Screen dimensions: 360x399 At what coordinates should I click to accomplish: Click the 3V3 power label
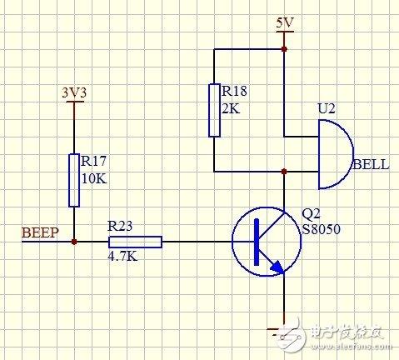click(75, 92)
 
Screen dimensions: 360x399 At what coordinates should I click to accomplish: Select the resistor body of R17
click(74, 178)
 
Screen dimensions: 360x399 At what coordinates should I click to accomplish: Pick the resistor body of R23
click(134, 242)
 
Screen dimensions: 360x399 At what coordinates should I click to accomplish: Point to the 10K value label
click(93, 179)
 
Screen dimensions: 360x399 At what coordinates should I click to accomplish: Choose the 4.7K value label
click(123, 257)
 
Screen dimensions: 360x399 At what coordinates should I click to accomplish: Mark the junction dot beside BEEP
click(74, 242)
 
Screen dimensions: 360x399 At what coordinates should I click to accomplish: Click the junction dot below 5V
click(284, 49)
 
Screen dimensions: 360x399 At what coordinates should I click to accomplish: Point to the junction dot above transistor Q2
click(284, 172)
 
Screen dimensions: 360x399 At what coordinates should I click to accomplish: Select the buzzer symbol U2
click(334, 154)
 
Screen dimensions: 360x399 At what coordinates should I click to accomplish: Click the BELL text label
click(371, 165)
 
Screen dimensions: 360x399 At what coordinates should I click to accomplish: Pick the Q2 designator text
click(309, 212)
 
